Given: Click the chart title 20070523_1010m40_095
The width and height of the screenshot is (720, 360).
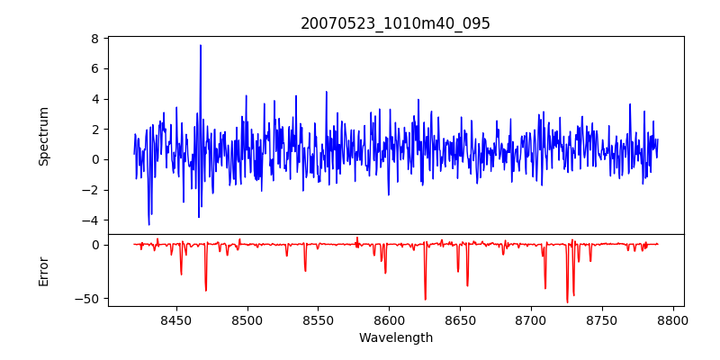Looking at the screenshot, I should (396, 23).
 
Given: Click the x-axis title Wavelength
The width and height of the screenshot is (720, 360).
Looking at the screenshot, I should (396, 337).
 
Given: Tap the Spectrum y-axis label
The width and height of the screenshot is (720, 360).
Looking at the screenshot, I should (43, 136).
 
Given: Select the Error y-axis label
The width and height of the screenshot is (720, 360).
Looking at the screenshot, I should (43, 270).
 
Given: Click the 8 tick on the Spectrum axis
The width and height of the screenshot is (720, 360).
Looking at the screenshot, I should (94, 39).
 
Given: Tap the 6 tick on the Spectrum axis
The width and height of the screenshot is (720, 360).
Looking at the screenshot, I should (94, 68).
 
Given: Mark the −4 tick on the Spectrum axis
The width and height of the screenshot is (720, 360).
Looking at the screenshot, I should (90, 220).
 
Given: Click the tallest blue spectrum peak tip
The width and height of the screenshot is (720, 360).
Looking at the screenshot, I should (201, 45).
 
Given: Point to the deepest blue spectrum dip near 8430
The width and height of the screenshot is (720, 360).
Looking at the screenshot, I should (148, 225).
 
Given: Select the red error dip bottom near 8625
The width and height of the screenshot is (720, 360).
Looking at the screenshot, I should (426, 300).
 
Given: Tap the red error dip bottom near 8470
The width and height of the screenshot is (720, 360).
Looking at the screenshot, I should (206, 291).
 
